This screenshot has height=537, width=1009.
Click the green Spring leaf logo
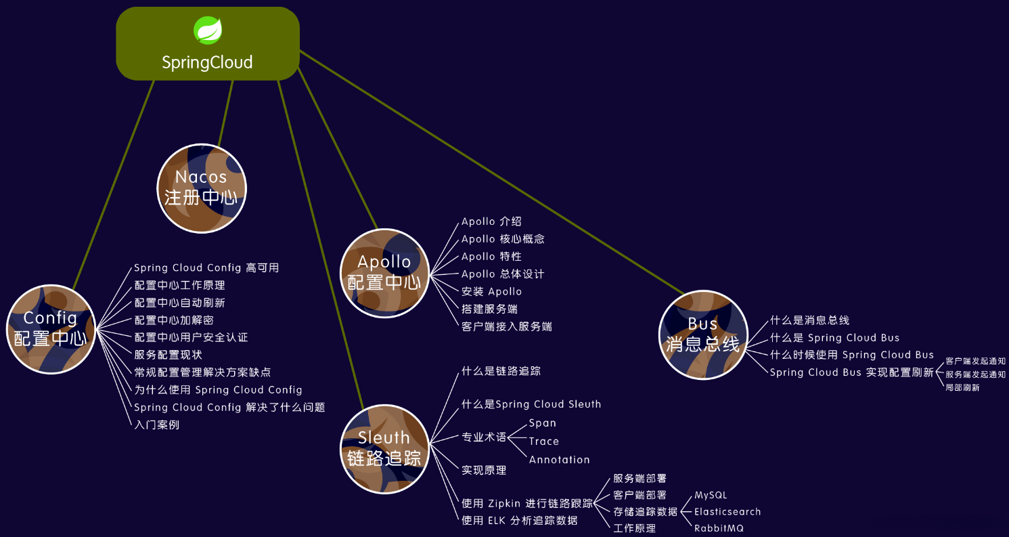[x=208, y=30]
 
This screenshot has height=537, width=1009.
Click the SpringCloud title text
[x=207, y=62]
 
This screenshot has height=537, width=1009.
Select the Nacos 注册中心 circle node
[x=202, y=188]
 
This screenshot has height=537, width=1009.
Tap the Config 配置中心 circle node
[x=51, y=328]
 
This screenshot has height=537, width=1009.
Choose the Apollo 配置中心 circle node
[x=384, y=272]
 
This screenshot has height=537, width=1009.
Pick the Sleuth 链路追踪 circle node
[x=384, y=448]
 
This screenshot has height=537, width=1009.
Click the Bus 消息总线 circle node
[x=703, y=334]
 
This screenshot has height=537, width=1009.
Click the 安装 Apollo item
[x=491, y=291]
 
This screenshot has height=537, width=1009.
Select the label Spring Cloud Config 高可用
[x=206, y=267]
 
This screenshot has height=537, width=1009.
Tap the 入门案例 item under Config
[x=156, y=425]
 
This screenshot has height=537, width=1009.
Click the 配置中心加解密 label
[x=174, y=320]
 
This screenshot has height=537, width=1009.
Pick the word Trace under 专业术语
[x=544, y=441]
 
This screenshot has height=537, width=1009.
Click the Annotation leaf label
[x=559, y=459]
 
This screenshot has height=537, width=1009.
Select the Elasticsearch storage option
[x=727, y=511]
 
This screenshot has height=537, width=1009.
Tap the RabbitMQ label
[x=719, y=528]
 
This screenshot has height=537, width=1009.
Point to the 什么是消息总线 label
[x=809, y=320]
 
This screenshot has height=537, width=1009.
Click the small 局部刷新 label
[x=962, y=387]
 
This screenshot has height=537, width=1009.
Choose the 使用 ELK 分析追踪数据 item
[x=520, y=520]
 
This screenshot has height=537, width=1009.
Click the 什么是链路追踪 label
[x=501, y=371]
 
